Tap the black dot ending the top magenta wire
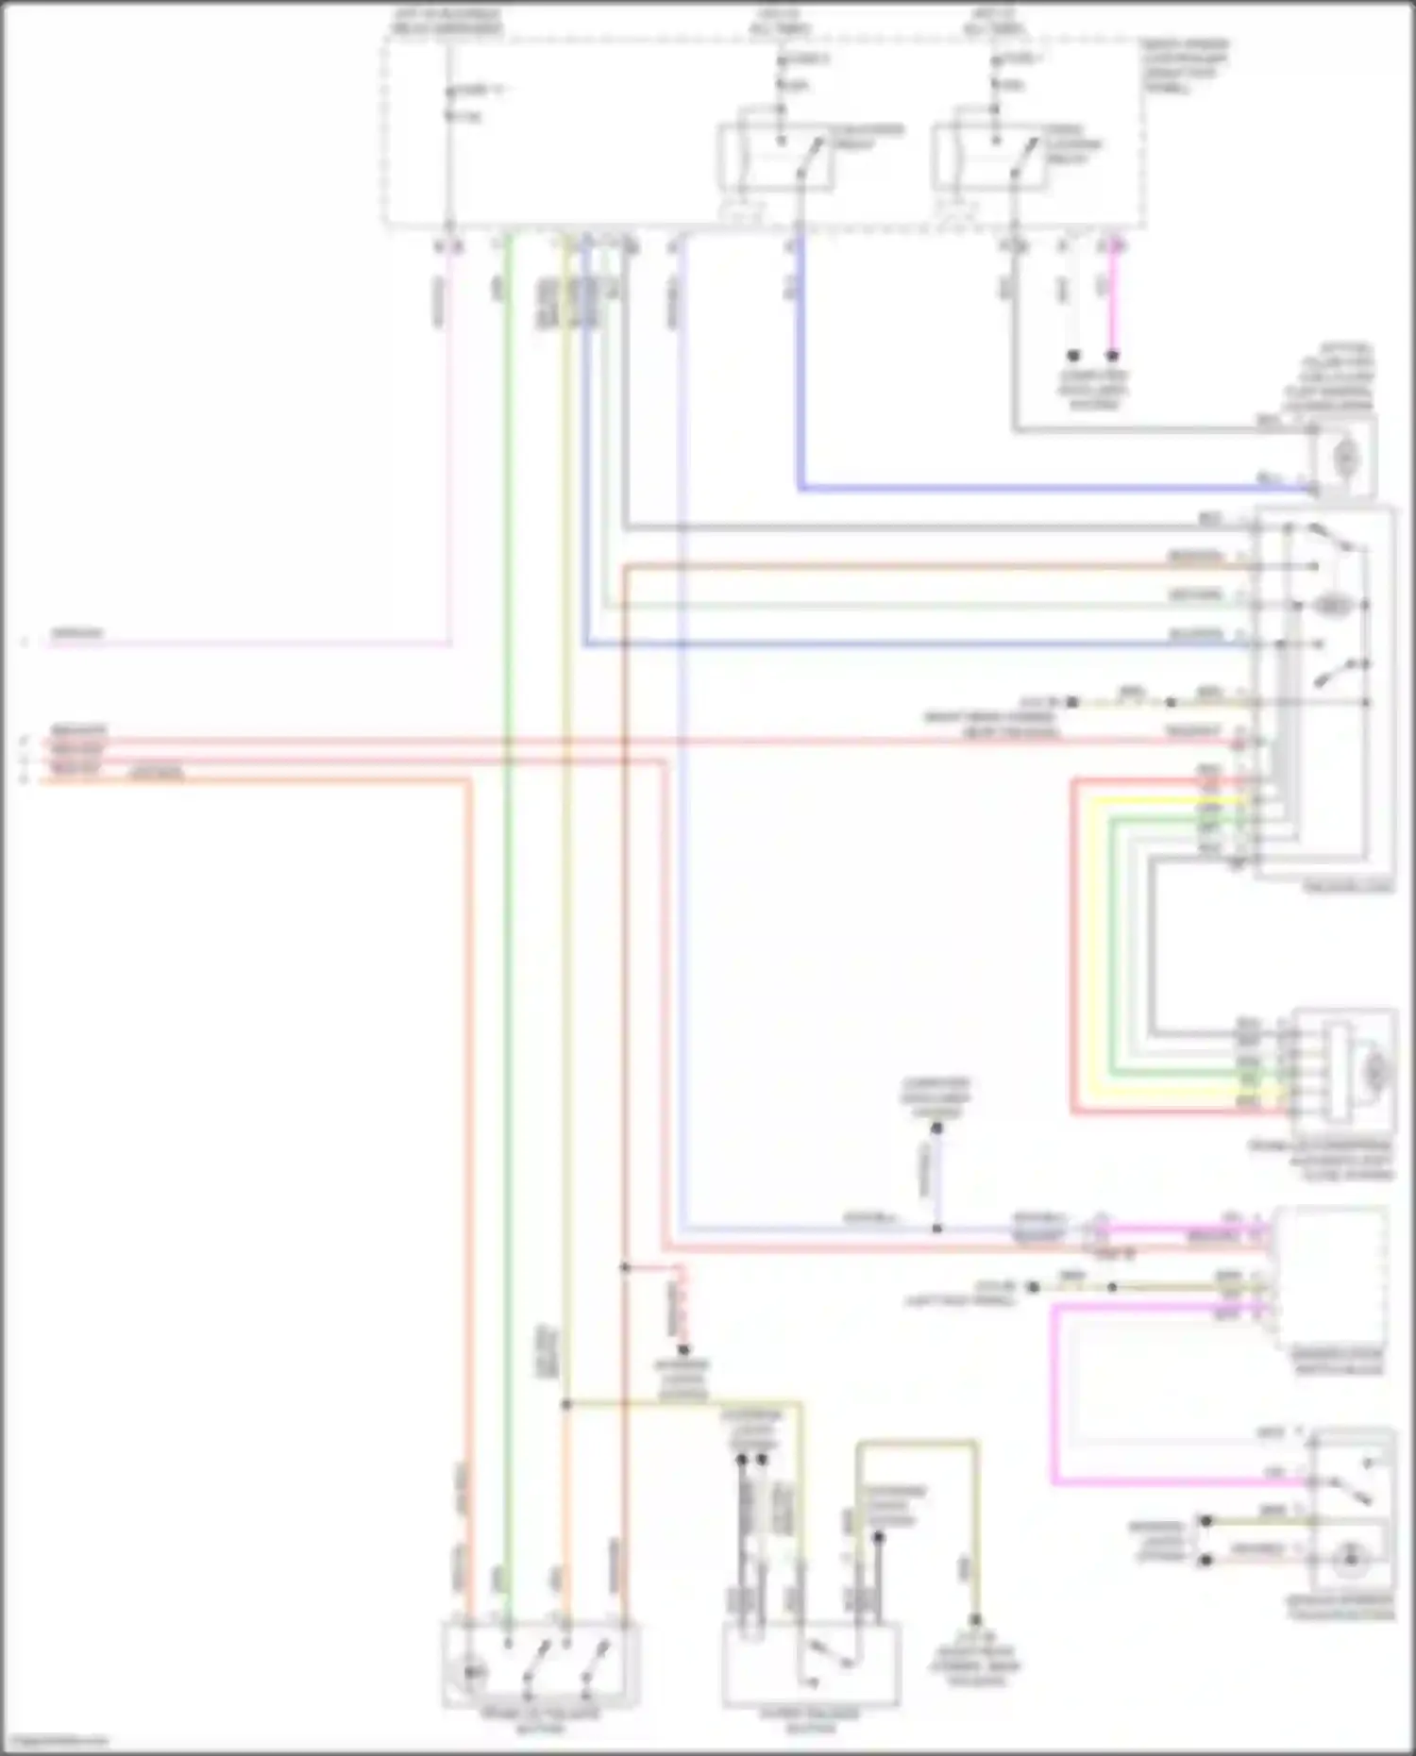pyautogui.click(x=1113, y=357)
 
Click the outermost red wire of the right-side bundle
pyautogui.click(x=1073, y=944)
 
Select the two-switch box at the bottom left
pyautogui.click(x=540, y=1663)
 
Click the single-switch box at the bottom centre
pyautogui.click(x=810, y=1664)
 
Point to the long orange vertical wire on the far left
pyautogui.click(x=467, y=1132)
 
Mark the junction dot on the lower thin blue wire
pyautogui.click(x=936, y=1229)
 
